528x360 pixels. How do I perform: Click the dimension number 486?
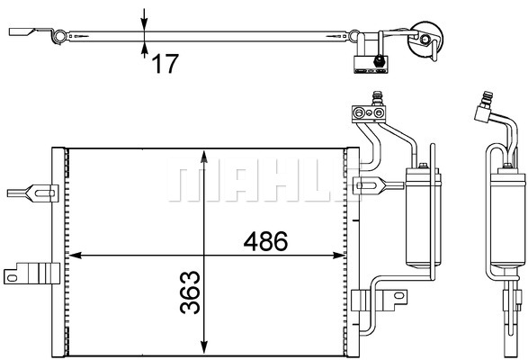(265, 241)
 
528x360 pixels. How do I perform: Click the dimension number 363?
(191, 292)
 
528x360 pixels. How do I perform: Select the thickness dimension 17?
(165, 64)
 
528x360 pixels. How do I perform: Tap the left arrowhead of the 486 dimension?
(75, 256)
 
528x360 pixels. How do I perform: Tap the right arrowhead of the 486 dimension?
(339, 256)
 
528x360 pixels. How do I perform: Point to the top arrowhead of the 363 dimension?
(204, 157)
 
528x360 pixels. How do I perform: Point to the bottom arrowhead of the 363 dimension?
(204, 347)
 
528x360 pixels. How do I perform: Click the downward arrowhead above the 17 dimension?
(144, 24)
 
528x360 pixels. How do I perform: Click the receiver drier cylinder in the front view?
(424, 218)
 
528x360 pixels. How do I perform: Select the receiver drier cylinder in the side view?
(508, 218)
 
